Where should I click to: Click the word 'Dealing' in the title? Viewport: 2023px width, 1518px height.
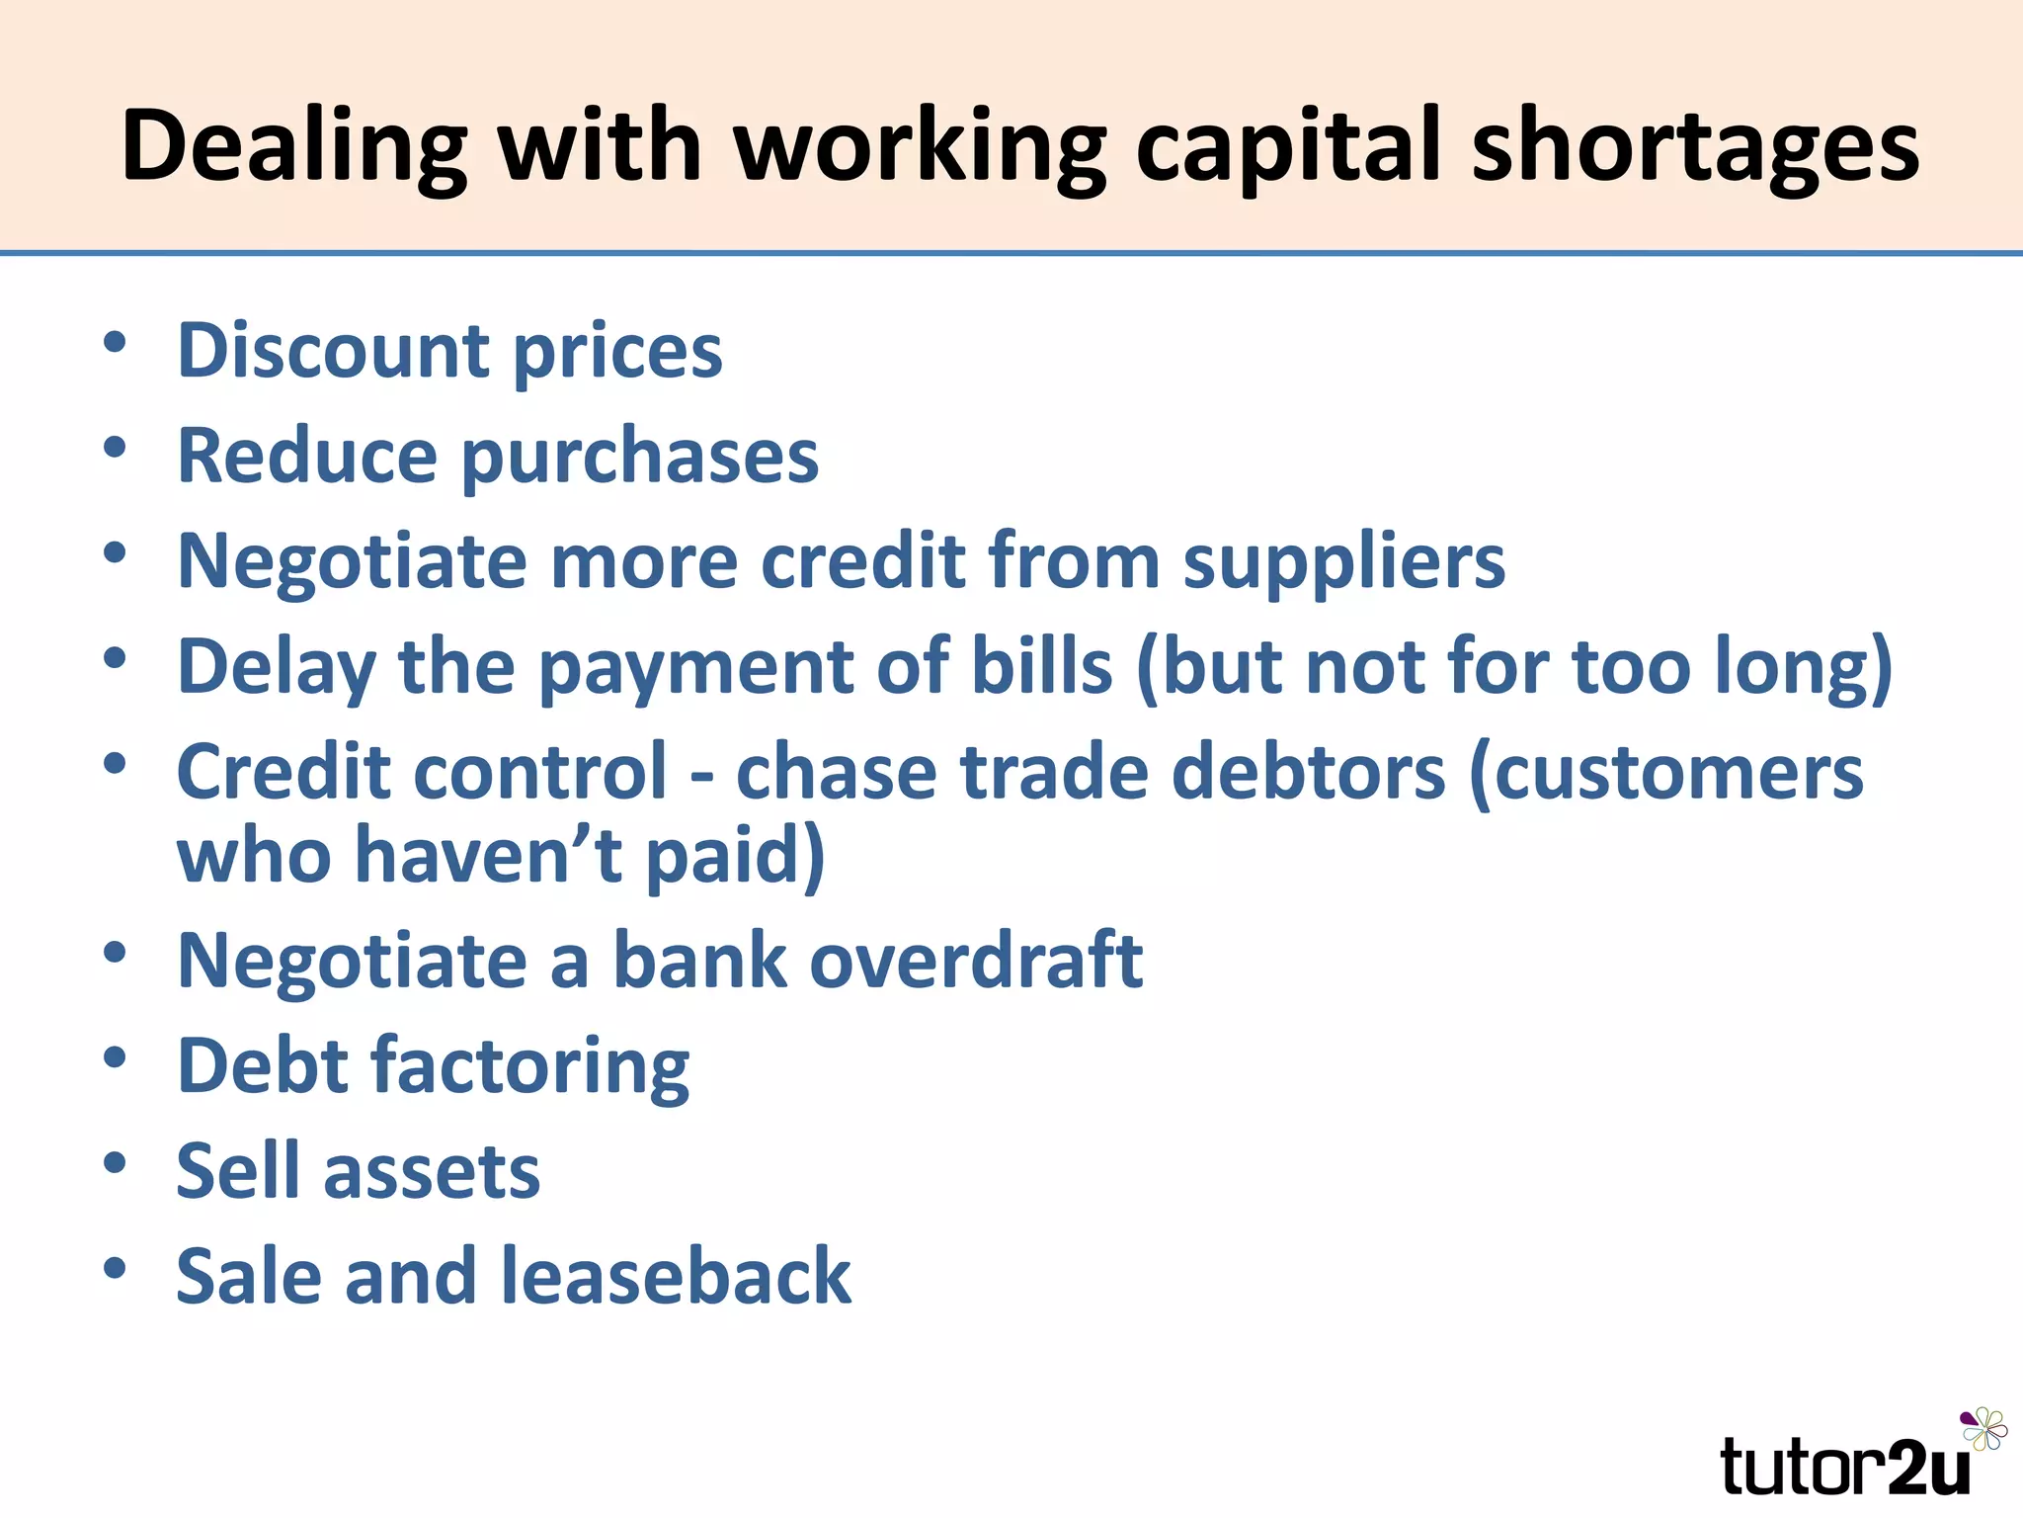click(293, 146)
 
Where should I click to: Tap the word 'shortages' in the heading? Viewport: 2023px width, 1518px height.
click(1695, 146)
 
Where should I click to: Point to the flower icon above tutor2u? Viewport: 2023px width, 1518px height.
click(1983, 1429)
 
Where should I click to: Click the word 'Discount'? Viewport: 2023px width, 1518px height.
click(333, 351)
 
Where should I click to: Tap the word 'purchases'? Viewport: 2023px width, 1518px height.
click(640, 457)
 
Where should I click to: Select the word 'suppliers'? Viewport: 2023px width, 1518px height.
click(1344, 561)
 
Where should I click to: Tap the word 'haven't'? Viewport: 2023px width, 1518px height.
click(488, 855)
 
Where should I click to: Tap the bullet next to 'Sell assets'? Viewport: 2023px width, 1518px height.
click(115, 1162)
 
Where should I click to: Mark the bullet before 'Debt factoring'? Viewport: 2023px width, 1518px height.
click(115, 1057)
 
